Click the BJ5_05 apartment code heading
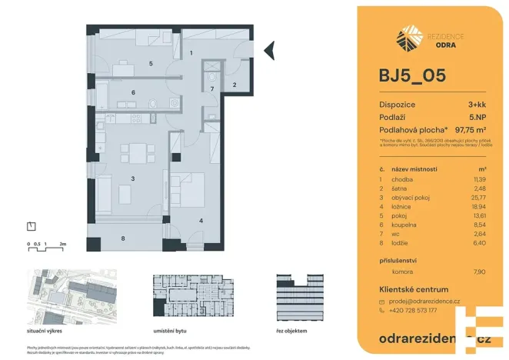(411, 77)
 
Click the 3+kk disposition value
(477, 104)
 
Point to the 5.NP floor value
(477, 117)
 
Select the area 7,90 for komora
(480, 272)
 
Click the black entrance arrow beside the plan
(269, 51)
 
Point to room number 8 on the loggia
(123, 238)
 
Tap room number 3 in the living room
(133, 178)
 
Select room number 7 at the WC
(212, 90)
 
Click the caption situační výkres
(46, 329)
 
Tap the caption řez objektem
(291, 329)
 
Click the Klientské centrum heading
(413, 288)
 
